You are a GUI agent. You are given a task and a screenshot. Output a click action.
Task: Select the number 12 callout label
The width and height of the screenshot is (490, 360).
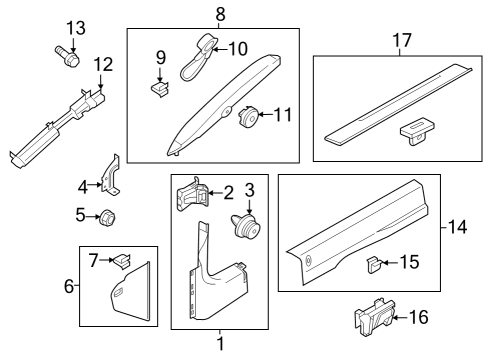click(104, 65)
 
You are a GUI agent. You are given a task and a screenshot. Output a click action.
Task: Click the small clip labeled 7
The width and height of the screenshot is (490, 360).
click(121, 261)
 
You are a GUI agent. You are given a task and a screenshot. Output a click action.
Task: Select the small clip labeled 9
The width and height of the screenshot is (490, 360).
click(158, 89)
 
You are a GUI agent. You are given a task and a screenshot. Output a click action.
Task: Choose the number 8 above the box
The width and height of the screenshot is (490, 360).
click(220, 13)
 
